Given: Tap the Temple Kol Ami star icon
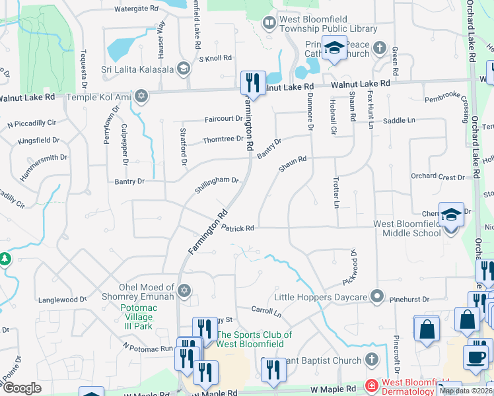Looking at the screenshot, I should (140, 97).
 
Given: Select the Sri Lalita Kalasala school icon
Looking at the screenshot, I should (184, 69).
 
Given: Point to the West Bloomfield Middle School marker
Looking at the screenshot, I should (451, 215).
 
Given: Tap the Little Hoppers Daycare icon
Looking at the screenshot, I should (377, 297).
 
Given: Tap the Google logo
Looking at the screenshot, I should (22, 388).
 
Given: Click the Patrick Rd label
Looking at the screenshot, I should (238, 228).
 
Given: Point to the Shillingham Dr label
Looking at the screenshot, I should (216, 183).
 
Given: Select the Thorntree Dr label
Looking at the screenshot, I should (223, 139).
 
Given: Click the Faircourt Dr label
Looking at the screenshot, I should (224, 119).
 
